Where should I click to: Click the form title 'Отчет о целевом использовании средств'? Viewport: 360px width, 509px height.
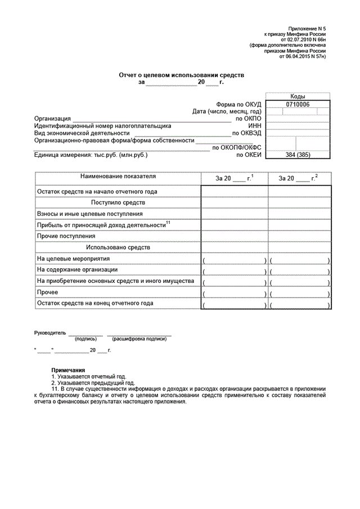pos(181,74)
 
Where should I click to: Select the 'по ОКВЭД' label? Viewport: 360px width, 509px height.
pos(247,133)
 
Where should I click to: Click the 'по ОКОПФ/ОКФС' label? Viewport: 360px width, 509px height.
pos(236,147)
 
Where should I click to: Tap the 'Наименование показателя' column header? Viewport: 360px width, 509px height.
pos(118,177)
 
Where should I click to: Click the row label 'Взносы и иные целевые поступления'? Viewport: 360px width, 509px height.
pos(90,214)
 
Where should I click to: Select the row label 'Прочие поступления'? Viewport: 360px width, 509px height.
pos(66,236)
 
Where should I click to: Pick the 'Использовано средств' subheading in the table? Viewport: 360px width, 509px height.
pos(118,247)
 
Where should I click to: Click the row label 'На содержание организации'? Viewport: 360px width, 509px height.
pos(77,269)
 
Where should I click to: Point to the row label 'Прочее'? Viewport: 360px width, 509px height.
pos(48,292)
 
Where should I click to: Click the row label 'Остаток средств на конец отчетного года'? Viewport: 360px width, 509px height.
pos(95,303)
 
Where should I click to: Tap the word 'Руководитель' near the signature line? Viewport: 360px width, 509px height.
pos(50,333)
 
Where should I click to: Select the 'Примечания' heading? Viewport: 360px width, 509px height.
pos(67,370)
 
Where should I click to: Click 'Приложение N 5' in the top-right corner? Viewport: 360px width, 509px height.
pos(307,28)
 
